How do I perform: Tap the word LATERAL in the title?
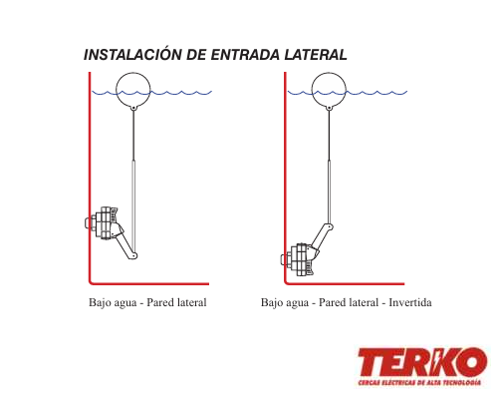pos(316,55)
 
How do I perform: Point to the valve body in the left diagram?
pos(104,222)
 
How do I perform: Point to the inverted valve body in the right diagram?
pos(300,259)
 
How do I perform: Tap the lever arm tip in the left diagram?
pos(133,255)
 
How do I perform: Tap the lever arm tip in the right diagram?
pos(329,227)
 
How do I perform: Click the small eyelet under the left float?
pos(133,108)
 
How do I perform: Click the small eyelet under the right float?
pos(329,108)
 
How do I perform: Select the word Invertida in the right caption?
pos(410,302)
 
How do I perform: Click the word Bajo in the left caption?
pos(100,302)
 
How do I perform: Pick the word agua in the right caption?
pos(297,303)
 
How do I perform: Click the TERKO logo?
pos(422,362)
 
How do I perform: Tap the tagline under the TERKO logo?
pos(419,382)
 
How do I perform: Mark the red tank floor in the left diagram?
pos(149,283)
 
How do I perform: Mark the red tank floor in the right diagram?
pos(345,283)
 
